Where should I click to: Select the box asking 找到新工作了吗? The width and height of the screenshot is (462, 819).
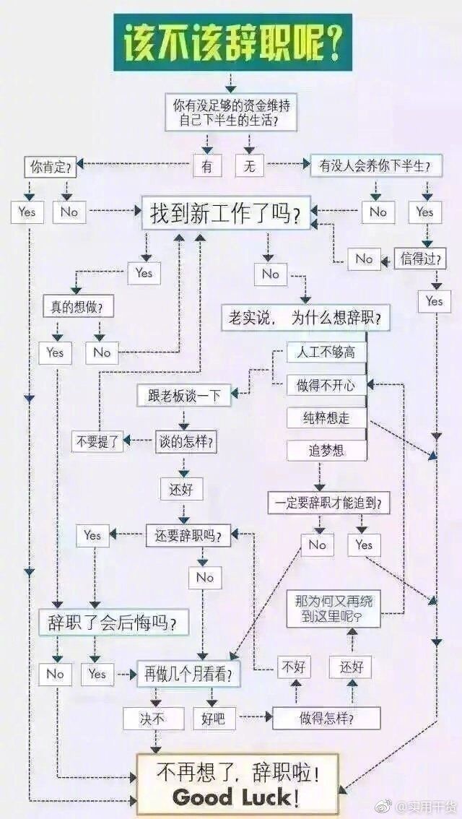point(225,214)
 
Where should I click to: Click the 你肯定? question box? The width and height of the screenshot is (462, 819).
point(50,168)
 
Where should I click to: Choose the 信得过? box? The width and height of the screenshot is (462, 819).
point(419,258)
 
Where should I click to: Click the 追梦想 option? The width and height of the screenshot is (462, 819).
point(326,451)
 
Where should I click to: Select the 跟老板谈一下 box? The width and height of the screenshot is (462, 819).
point(184,395)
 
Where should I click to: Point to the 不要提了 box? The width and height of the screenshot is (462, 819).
point(97,441)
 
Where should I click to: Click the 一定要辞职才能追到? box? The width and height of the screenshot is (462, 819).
point(329,503)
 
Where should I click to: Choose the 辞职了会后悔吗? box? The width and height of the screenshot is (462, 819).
point(113,621)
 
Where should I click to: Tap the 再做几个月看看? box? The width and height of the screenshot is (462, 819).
point(188,675)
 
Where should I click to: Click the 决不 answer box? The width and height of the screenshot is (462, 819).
point(153,718)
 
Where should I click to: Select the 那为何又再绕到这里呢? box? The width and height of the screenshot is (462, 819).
point(333,608)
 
